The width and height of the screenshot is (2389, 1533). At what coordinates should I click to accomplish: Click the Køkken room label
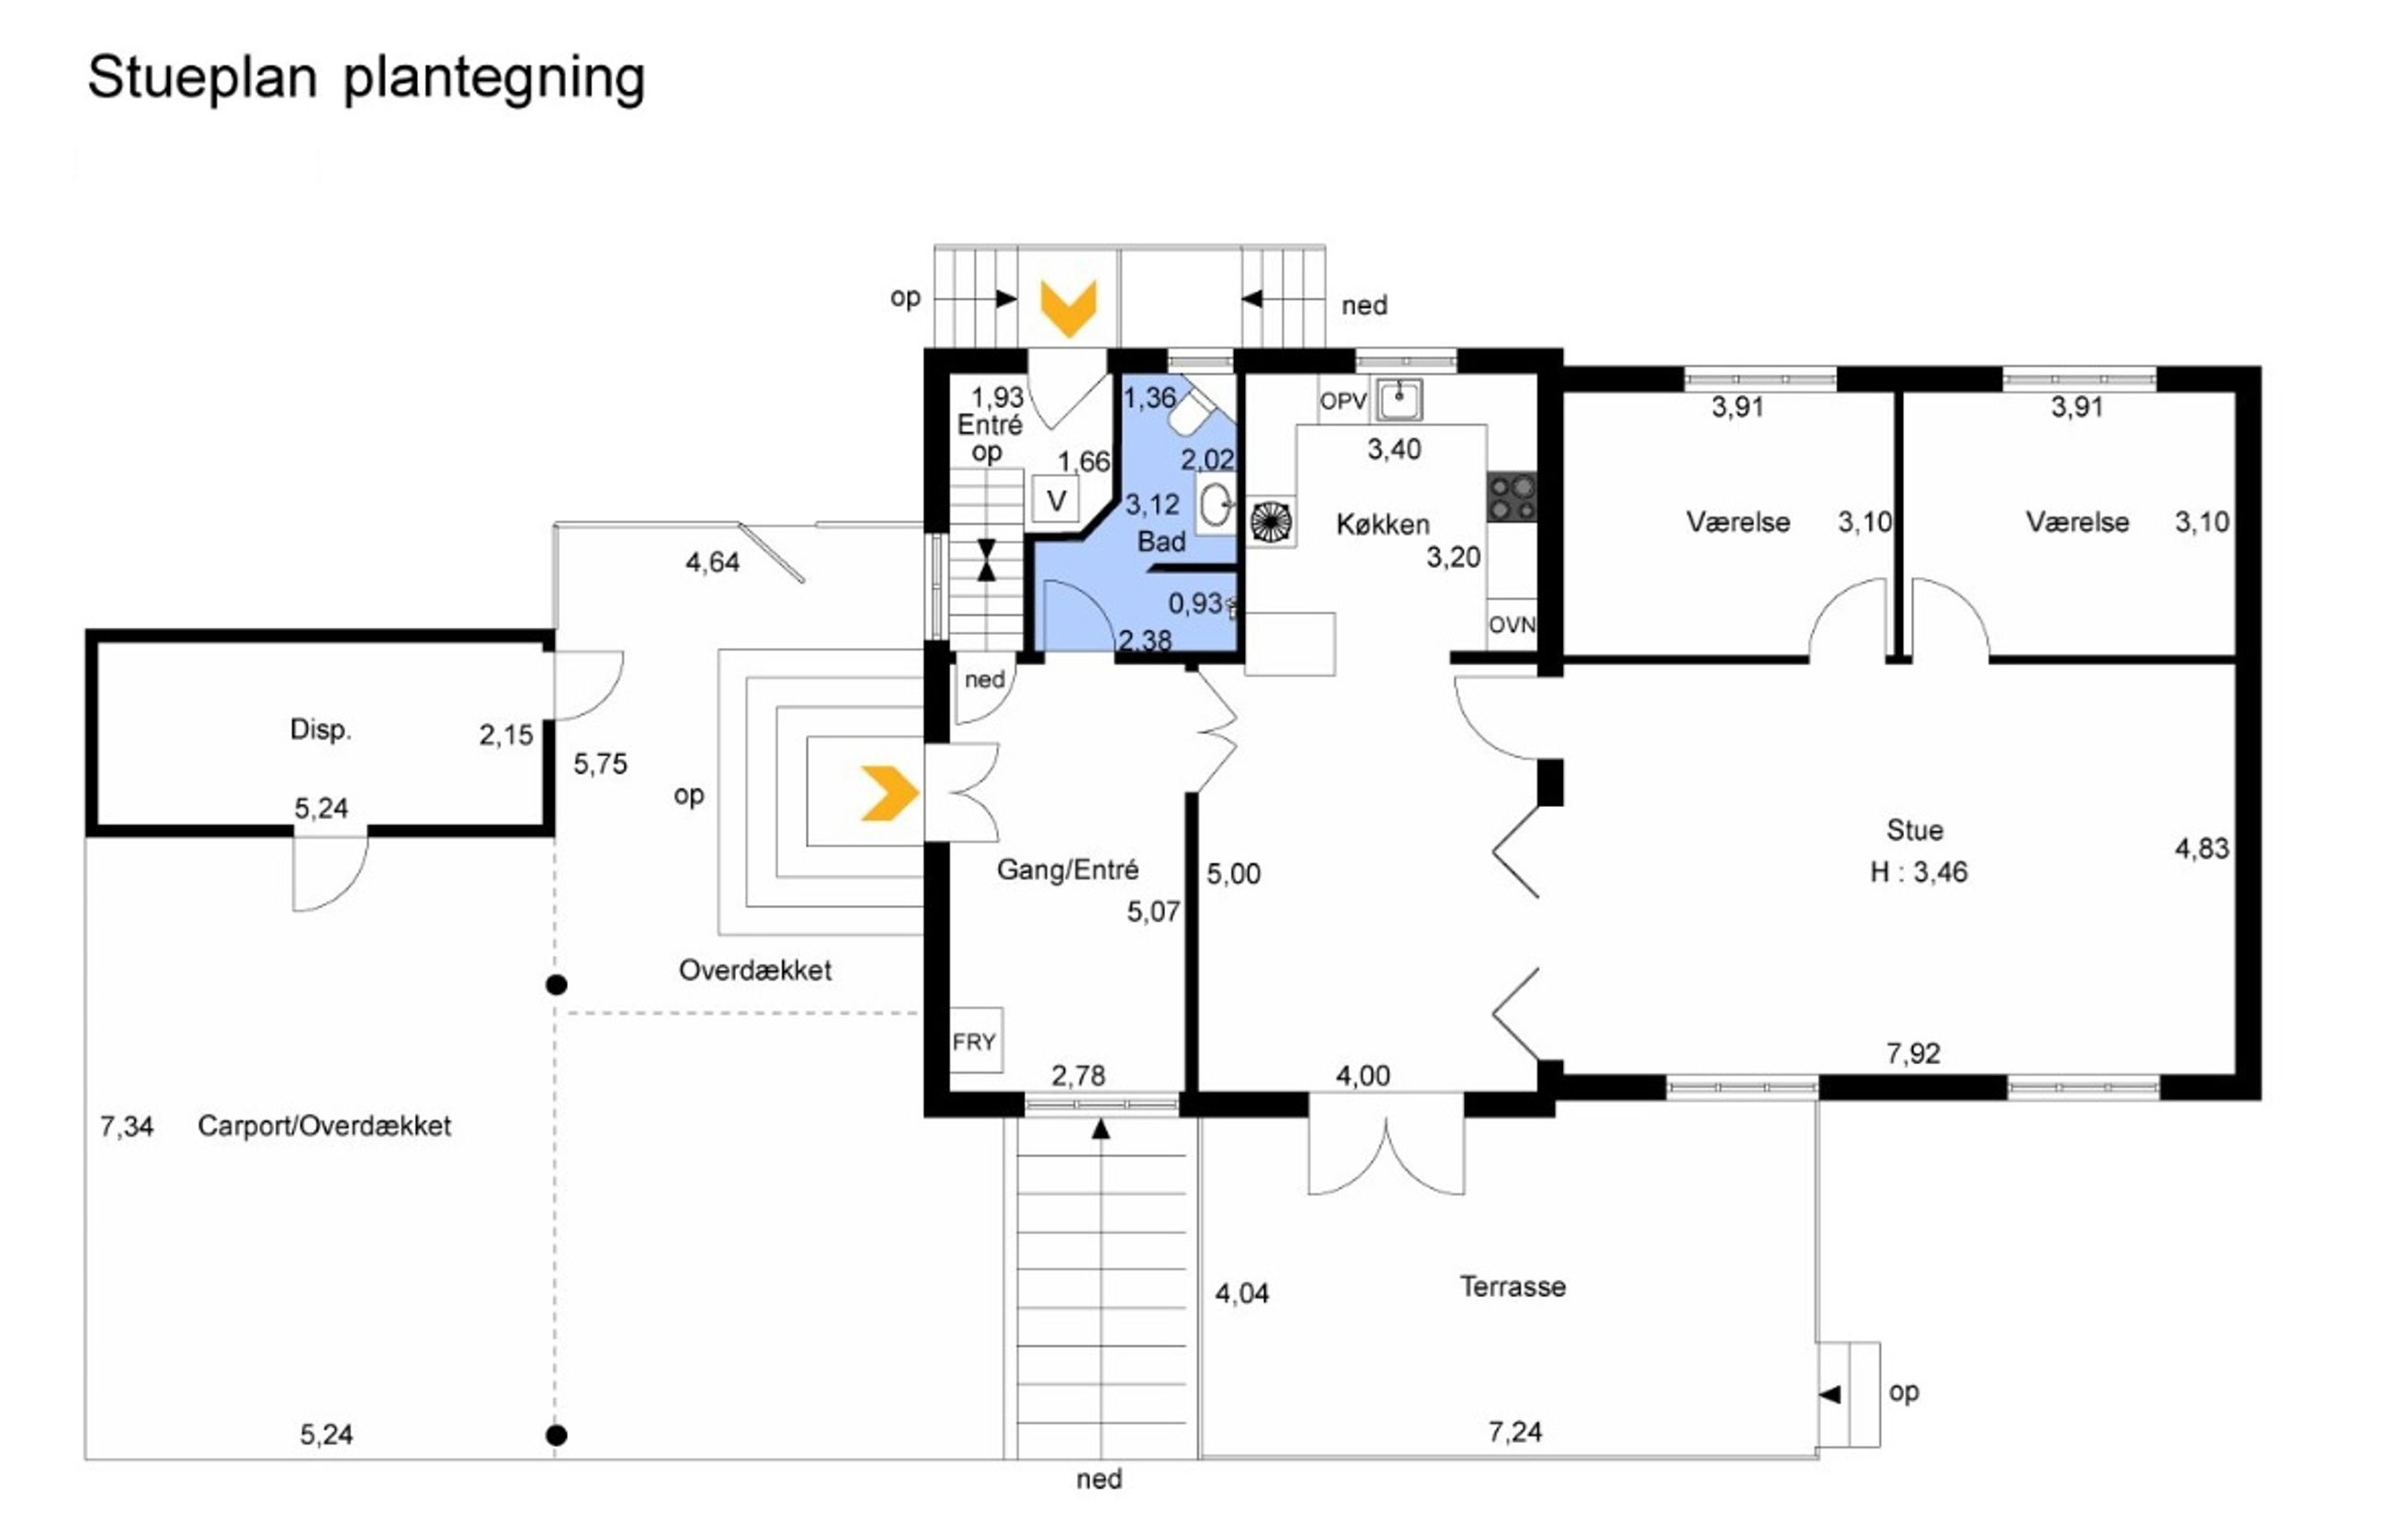point(1383,525)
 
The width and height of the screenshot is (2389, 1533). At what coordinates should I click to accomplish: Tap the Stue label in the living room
point(1914,830)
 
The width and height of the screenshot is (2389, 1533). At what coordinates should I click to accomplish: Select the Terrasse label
point(1512,1286)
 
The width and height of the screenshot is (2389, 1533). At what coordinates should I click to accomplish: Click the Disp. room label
point(321,730)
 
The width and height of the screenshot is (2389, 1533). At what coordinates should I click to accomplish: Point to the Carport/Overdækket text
point(324,1126)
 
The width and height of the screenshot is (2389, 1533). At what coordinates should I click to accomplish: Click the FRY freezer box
point(974,1041)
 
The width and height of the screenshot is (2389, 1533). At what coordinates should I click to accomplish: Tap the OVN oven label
point(1512,625)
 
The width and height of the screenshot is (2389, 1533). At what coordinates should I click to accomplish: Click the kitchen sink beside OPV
point(1400,400)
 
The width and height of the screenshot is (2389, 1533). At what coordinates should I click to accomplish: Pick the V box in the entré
point(1057,500)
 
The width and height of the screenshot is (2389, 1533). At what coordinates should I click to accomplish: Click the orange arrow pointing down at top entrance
point(1068,307)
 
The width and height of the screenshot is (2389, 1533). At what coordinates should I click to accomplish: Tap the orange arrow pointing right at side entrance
point(889,793)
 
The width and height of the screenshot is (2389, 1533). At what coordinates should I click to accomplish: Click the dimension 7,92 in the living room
point(1913,1053)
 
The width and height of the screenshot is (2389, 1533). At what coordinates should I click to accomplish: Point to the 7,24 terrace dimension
point(1514,1432)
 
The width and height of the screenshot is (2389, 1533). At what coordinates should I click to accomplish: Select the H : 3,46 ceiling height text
point(1919,873)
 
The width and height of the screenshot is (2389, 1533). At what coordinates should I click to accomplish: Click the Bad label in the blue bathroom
point(1161,542)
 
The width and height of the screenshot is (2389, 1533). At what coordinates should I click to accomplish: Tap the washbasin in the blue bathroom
point(1215,504)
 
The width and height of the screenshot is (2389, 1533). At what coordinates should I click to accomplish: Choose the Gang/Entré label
point(1067,870)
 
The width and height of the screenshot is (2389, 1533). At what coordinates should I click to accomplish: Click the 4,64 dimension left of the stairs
point(712,563)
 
